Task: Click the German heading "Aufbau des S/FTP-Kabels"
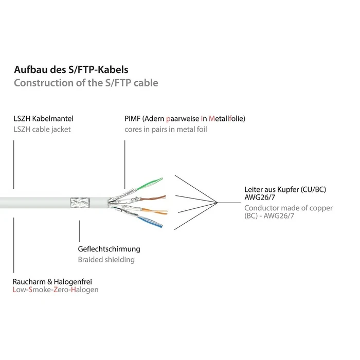pos(70,70)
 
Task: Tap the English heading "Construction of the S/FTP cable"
pos(85,83)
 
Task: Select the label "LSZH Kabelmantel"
pos(43,119)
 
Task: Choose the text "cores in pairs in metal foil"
pos(166,130)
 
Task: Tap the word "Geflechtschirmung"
pos(109,249)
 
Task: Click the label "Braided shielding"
pos(106,260)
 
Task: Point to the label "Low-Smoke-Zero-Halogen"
pos(56,290)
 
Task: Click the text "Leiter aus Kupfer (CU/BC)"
pos(285,190)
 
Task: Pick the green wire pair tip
pos(157,181)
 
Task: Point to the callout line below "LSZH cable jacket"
pos(13,165)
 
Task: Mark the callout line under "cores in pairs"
pos(124,165)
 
